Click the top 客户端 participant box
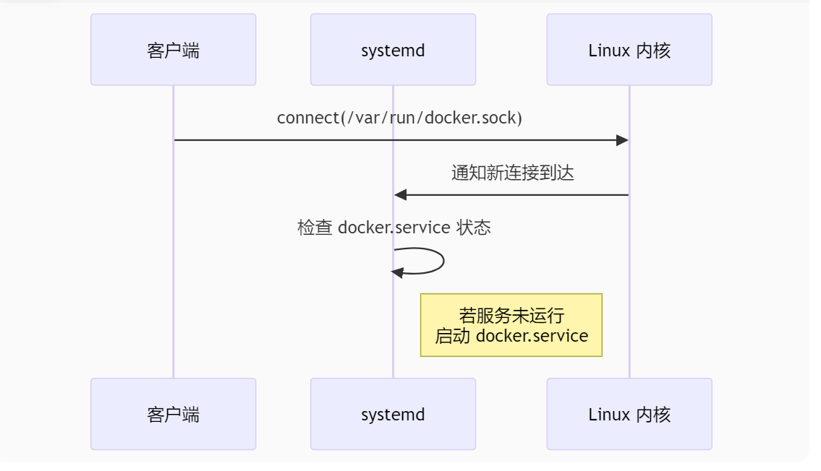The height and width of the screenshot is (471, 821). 173,50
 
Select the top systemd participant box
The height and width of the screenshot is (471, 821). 393,50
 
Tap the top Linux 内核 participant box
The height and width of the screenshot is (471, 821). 629,50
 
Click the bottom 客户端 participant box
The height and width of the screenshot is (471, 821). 173,414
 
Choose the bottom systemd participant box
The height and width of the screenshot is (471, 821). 393,414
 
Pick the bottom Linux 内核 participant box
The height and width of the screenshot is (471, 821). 629,414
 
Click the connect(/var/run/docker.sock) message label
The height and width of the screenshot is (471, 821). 399,118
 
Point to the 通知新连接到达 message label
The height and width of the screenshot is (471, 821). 512,173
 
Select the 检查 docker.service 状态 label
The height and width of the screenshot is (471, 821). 394,228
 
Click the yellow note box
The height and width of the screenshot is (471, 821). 511,325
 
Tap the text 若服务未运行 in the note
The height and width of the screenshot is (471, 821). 511,316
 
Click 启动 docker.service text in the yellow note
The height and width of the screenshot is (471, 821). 511,336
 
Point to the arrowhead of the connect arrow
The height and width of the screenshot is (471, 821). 622,140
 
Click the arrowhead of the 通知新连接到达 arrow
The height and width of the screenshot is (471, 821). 401,195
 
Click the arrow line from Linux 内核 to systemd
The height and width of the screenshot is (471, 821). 514,195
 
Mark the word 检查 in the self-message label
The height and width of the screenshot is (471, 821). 315,228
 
